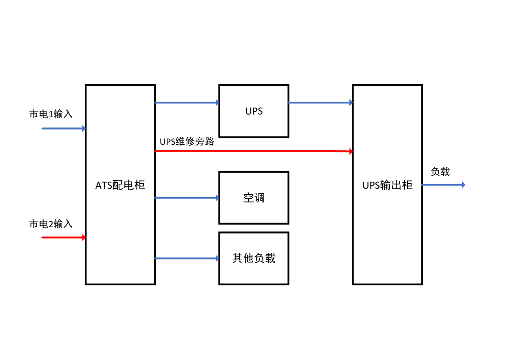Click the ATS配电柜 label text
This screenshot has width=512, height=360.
(x=120, y=185)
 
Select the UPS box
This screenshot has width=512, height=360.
(x=254, y=111)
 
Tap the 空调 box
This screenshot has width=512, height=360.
(x=254, y=198)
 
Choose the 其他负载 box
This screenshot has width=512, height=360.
(x=254, y=258)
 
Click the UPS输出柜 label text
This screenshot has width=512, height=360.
(x=387, y=185)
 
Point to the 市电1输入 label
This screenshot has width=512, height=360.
(x=51, y=114)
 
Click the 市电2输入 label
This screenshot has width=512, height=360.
(x=51, y=224)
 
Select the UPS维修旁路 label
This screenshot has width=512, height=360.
(x=187, y=142)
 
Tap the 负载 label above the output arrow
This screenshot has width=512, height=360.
(x=440, y=172)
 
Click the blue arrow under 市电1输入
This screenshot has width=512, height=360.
(x=63, y=129)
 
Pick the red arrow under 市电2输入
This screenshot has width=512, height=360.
(x=63, y=237)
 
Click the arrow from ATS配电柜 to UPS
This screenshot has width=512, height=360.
(x=187, y=103)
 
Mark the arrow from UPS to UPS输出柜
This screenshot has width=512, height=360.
(x=321, y=103)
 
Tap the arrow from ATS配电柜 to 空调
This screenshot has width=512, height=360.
(x=187, y=198)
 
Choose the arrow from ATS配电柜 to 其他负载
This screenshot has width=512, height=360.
(x=187, y=258)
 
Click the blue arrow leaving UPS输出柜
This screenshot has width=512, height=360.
(x=443, y=185)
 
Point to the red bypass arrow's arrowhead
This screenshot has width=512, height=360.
(x=351, y=151)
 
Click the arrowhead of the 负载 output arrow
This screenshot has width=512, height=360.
(x=463, y=185)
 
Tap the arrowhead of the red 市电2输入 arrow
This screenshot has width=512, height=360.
(x=83, y=237)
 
